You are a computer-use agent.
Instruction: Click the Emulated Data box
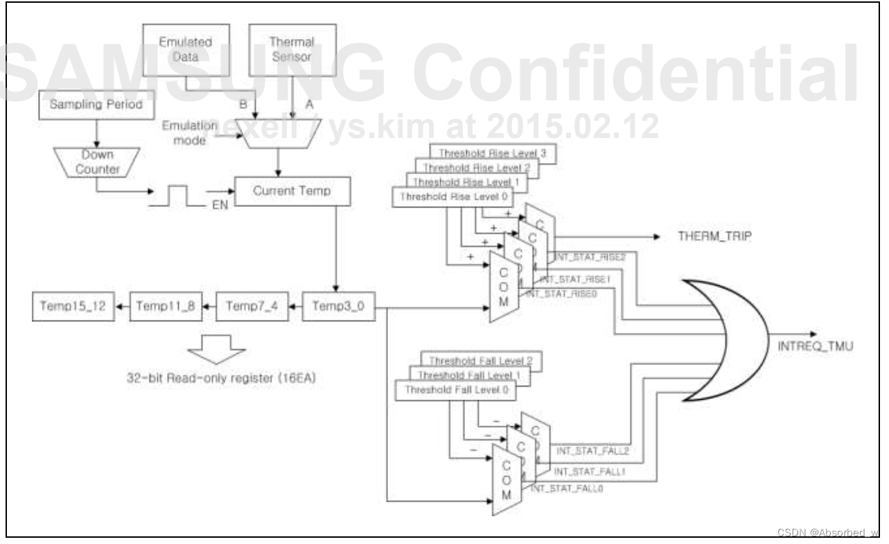pyautogui.click(x=186, y=50)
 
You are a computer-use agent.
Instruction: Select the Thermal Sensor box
pyautogui.click(x=292, y=50)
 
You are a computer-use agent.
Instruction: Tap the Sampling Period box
pyautogui.click(x=96, y=105)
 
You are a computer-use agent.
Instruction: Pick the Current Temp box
pyautogui.click(x=292, y=191)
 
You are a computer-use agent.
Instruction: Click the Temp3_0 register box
pyautogui.click(x=338, y=305)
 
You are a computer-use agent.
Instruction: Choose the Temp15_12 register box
pyautogui.click(x=73, y=305)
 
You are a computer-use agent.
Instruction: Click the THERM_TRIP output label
pyautogui.click(x=714, y=237)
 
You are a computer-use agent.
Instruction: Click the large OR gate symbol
pyautogui.click(x=728, y=340)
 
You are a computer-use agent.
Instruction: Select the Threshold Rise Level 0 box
pyautogui.click(x=452, y=196)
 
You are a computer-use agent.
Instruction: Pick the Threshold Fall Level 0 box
pyautogui.click(x=455, y=390)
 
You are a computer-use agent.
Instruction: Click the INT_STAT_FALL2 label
pyautogui.click(x=593, y=450)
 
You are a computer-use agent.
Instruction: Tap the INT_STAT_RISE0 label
pyautogui.click(x=563, y=294)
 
